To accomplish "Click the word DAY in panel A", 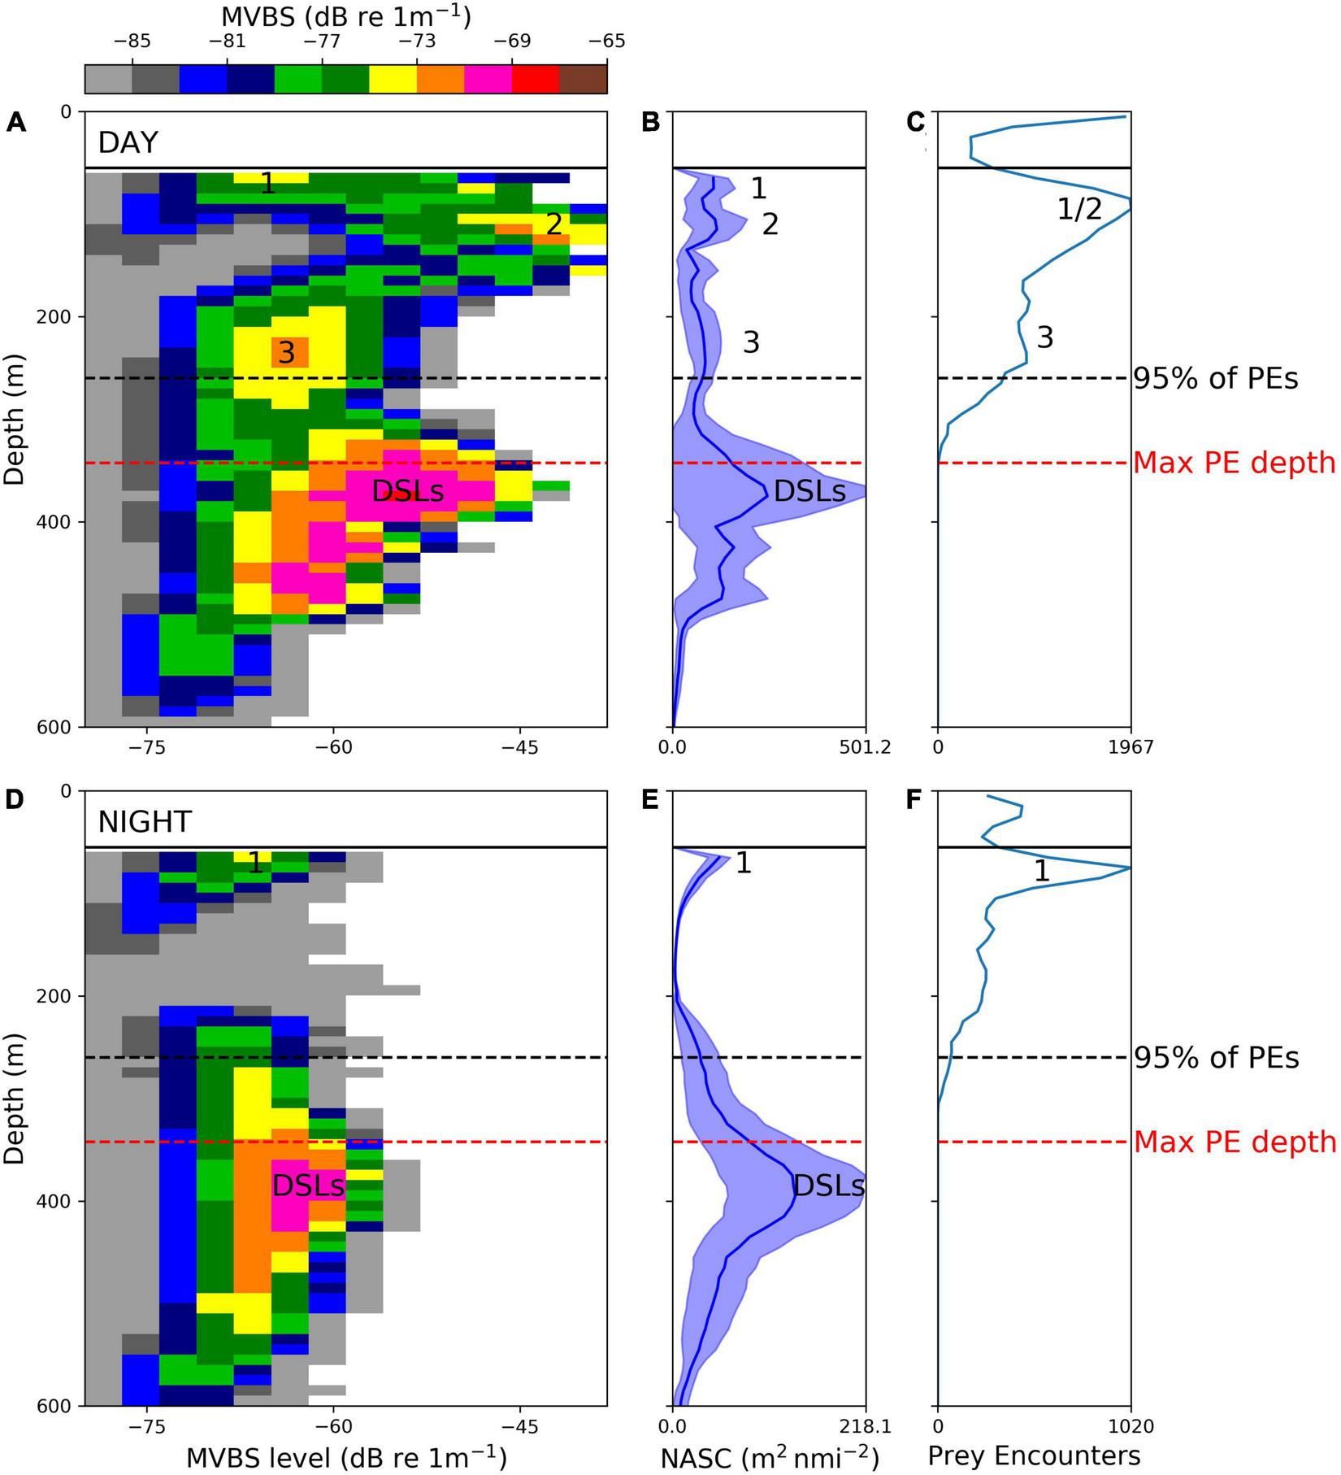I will tap(128, 142).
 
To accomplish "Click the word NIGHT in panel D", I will tap(145, 822).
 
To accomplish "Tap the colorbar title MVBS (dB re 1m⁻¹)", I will tap(346, 15).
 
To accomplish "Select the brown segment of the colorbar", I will tap(583, 79).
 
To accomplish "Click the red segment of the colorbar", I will tap(536, 79).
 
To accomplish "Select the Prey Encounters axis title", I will tap(1034, 1455).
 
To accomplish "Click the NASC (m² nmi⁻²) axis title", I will tap(769, 1455).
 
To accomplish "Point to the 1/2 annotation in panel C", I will tap(1079, 210).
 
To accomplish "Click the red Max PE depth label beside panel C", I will tap(1234, 463).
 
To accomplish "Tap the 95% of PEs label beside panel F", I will tap(1216, 1057).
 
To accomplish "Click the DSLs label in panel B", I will tap(809, 491).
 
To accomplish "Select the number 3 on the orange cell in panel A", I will tap(286, 353).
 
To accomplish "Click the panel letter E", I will tap(649, 801).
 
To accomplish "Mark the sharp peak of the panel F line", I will tap(1130, 868).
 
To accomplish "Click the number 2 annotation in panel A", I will tap(554, 224).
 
